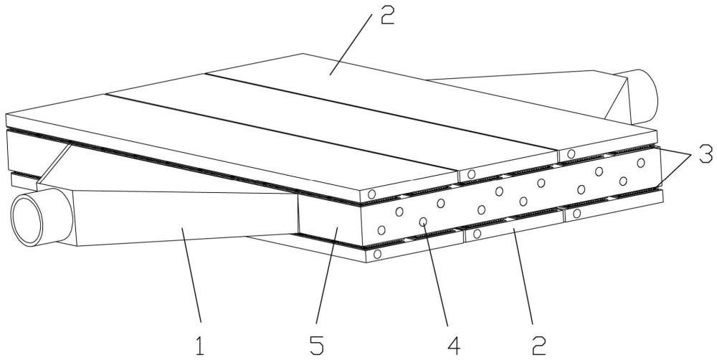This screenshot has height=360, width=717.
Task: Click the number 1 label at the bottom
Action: point(200,345)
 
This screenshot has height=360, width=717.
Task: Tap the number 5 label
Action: point(316,345)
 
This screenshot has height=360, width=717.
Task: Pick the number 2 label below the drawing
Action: point(538,345)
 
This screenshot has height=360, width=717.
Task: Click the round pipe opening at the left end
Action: point(27,220)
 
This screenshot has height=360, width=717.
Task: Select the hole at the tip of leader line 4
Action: point(424,222)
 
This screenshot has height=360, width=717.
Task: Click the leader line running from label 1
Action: point(191,275)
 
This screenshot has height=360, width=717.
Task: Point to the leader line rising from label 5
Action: point(326,275)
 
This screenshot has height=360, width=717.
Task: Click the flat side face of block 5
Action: point(330,215)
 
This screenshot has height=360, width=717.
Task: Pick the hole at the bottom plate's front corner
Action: point(377,254)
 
